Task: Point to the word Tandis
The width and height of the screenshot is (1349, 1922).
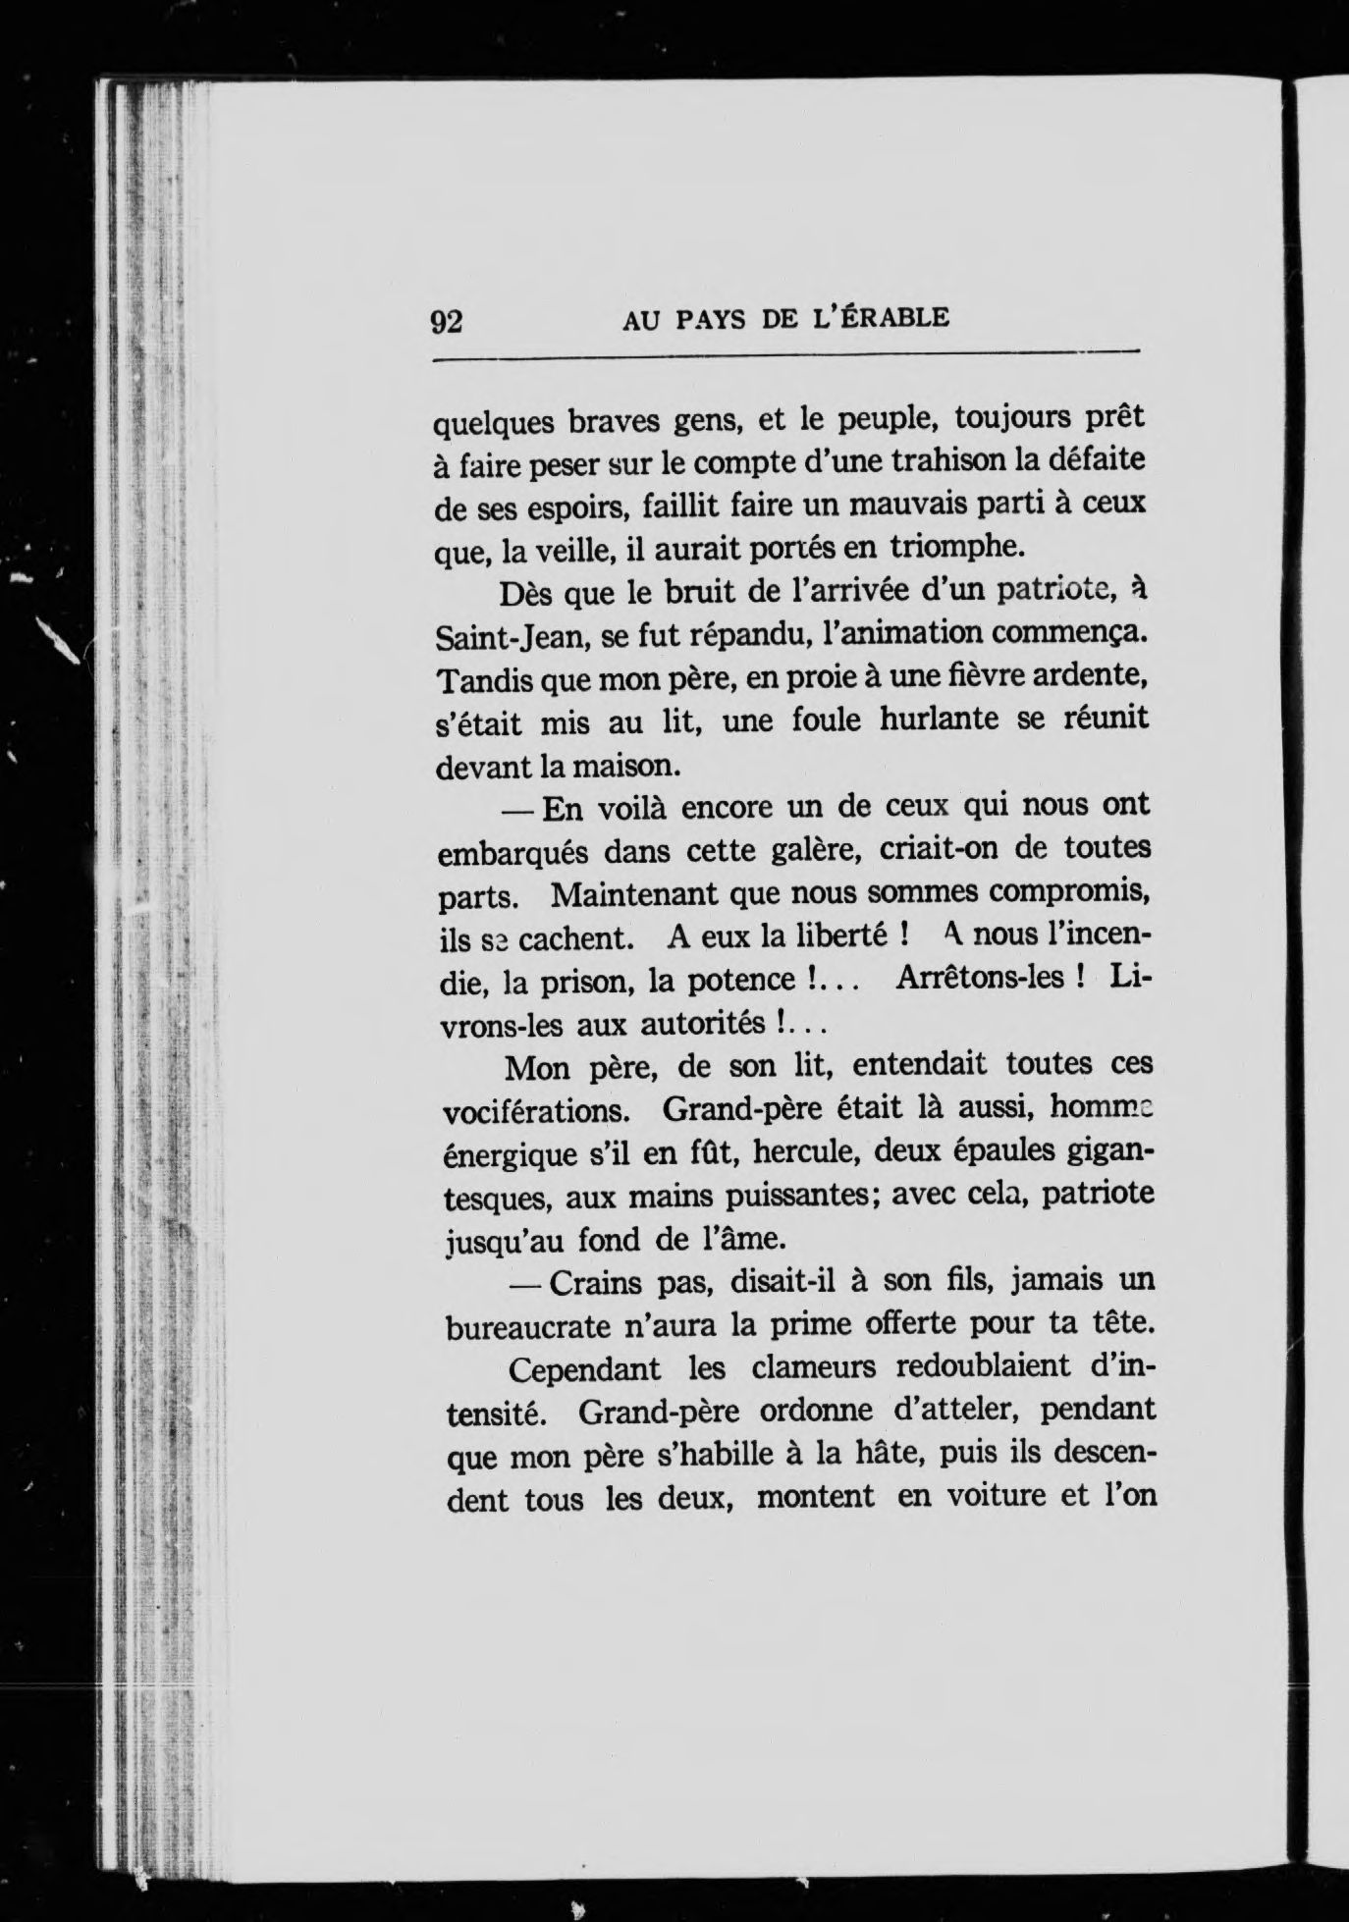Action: click(x=482, y=678)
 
